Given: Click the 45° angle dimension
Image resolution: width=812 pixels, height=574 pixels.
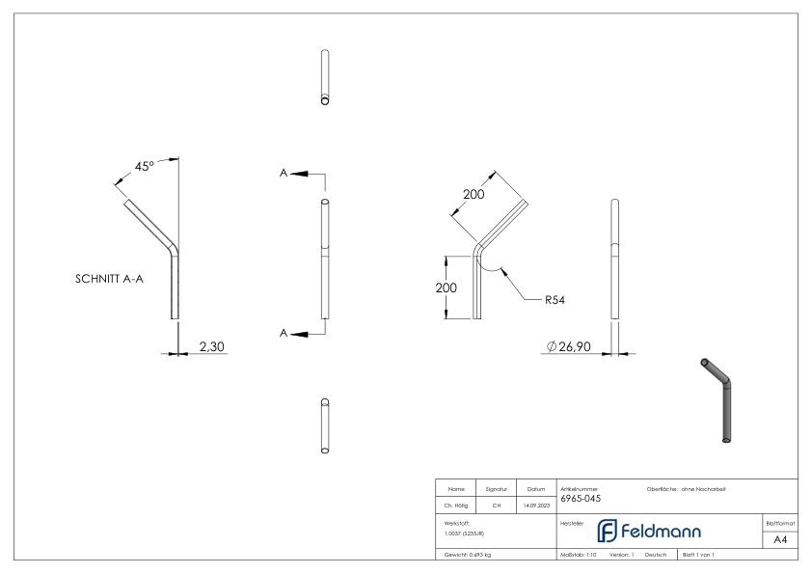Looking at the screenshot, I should (144, 167).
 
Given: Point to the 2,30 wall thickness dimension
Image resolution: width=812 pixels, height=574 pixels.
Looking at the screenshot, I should (212, 344).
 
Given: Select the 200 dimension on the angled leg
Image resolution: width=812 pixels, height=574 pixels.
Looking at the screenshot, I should (473, 195).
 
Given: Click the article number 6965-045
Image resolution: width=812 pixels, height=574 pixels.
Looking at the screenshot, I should (580, 499).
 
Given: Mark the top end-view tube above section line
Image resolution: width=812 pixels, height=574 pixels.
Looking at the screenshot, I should (325, 77).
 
